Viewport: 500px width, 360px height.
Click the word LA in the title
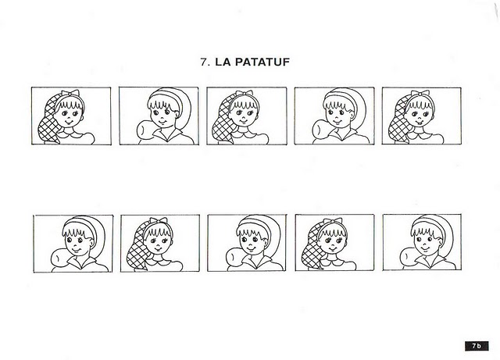click(x=223, y=62)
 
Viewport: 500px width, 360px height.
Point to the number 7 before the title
click(x=204, y=62)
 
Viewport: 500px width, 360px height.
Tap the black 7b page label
click(x=477, y=346)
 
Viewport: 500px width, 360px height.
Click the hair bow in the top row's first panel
click(x=70, y=93)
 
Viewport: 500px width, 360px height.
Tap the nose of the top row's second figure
click(x=162, y=116)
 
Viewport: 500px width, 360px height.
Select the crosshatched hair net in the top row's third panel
click(x=223, y=121)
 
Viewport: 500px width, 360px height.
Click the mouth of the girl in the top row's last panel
click(x=420, y=123)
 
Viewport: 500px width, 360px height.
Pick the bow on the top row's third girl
click(x=245, y=93)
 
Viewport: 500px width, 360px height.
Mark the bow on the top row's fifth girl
click(x=420, y=93)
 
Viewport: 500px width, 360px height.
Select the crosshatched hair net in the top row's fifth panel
click(x=398, y=120)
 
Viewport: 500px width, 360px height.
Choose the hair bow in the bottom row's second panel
click(x=158, y=220)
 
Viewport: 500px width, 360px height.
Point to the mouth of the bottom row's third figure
click(x=251, y=248)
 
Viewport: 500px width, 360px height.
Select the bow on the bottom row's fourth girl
click(x=333, y=221)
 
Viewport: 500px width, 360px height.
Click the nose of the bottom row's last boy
click(x=424, y=243)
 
